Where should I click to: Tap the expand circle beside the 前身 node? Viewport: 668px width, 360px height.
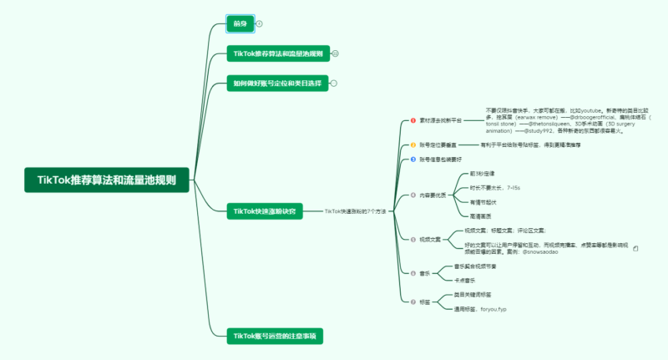(x=259, y=23)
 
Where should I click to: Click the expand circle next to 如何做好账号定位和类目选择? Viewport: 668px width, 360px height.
(x=334, y=83)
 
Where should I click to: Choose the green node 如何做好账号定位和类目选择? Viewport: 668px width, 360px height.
(x=276, y=83)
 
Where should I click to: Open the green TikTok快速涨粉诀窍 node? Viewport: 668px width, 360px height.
(x=264, y=211)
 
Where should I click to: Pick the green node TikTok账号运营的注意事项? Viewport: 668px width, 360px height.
(x=276, y=335)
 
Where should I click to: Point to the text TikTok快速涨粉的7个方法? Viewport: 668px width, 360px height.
(x=355, y=211)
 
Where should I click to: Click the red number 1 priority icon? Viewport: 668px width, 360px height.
(x=412, y=120)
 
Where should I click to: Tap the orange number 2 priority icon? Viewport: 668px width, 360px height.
(x=412, y=145)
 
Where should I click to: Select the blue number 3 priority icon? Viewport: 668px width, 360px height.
(x=412, y=159)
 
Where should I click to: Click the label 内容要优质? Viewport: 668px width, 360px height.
(x=433, y=195)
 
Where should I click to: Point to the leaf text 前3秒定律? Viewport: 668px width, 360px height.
(x=485, y=174)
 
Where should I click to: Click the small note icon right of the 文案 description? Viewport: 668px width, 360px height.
(x=635, y=248)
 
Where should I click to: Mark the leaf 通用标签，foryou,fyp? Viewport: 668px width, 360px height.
(x=480, y=309)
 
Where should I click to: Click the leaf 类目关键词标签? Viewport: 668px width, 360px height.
(x=473, y=295)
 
